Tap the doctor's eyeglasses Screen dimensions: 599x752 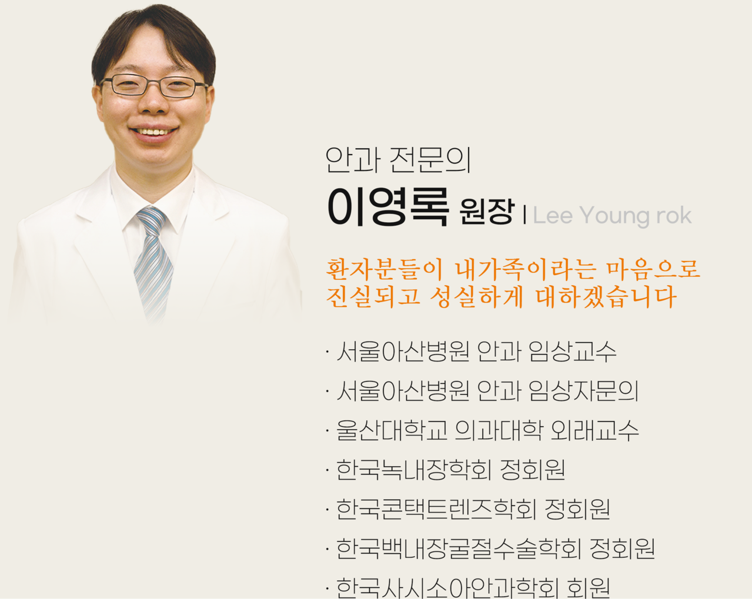(154, 86)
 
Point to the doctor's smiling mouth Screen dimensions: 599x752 (153, 132)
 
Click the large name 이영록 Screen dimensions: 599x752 (387, 208)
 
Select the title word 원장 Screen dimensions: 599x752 (487, 212)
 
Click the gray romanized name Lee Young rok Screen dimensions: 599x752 (611, 216)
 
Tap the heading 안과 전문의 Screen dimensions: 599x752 (398, 160)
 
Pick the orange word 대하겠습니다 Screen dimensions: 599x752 (606, 297)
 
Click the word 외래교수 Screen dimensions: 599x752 (594, 430)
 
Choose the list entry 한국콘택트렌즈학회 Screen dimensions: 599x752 (436, 509)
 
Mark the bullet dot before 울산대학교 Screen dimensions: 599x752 (327, 431)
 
